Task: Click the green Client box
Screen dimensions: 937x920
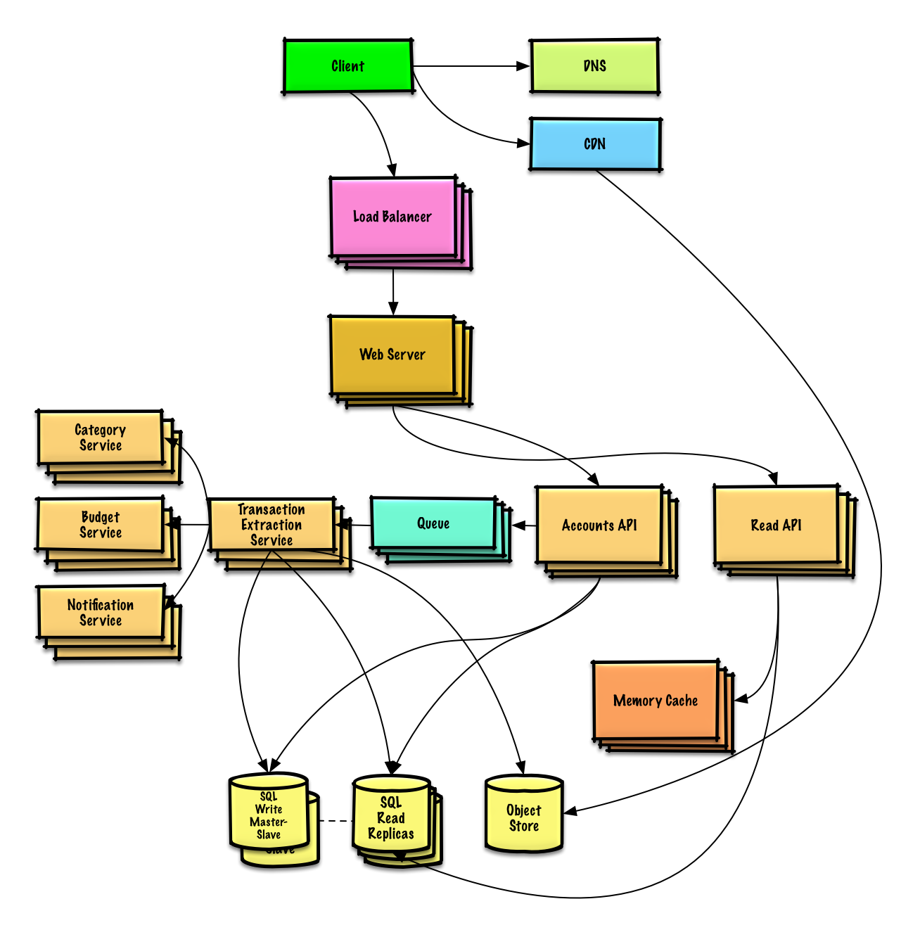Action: pyautogui.click(x=348, y=66)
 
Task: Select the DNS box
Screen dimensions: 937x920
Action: pyautogui.click(x=595, y=66)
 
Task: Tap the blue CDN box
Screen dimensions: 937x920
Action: pyautogui.click(x=595, y=144)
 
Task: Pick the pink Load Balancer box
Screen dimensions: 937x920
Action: pyautogui.click(x=392, y=217)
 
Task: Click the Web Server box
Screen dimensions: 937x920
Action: pyautogui.click(x=392, y=355)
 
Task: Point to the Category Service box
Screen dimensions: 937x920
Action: pyautogui.click(x=101, y=438)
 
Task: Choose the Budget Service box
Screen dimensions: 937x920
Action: pyautogui.click(x=101, y=525)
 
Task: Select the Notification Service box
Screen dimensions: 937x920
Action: pyautogui.click(x=101, y=613)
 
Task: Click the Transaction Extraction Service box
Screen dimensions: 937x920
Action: pyautogui.click(x=271, y=525)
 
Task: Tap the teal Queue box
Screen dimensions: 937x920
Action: pyautogui.click(x=433, y=523)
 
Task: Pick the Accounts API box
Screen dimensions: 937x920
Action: pyautogui.click(x=599, y=525)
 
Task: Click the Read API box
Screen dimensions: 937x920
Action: pyautogui.click(x=776, y=525)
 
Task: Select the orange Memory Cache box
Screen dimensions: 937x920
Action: pyautogui.click(x=656, y=701)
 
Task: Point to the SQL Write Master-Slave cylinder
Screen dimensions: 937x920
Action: pyautogui.click(x=269, y=815)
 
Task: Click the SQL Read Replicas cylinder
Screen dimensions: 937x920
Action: pyautogui.click(x=391, y=817)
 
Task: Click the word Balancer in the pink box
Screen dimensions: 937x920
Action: pyautogui.click(x=407, y=217)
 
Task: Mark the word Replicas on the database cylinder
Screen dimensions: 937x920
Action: pyautogui.click(x=391, y=834)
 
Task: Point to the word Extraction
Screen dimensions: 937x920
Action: pyautogui.click(x=271, y=525)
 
